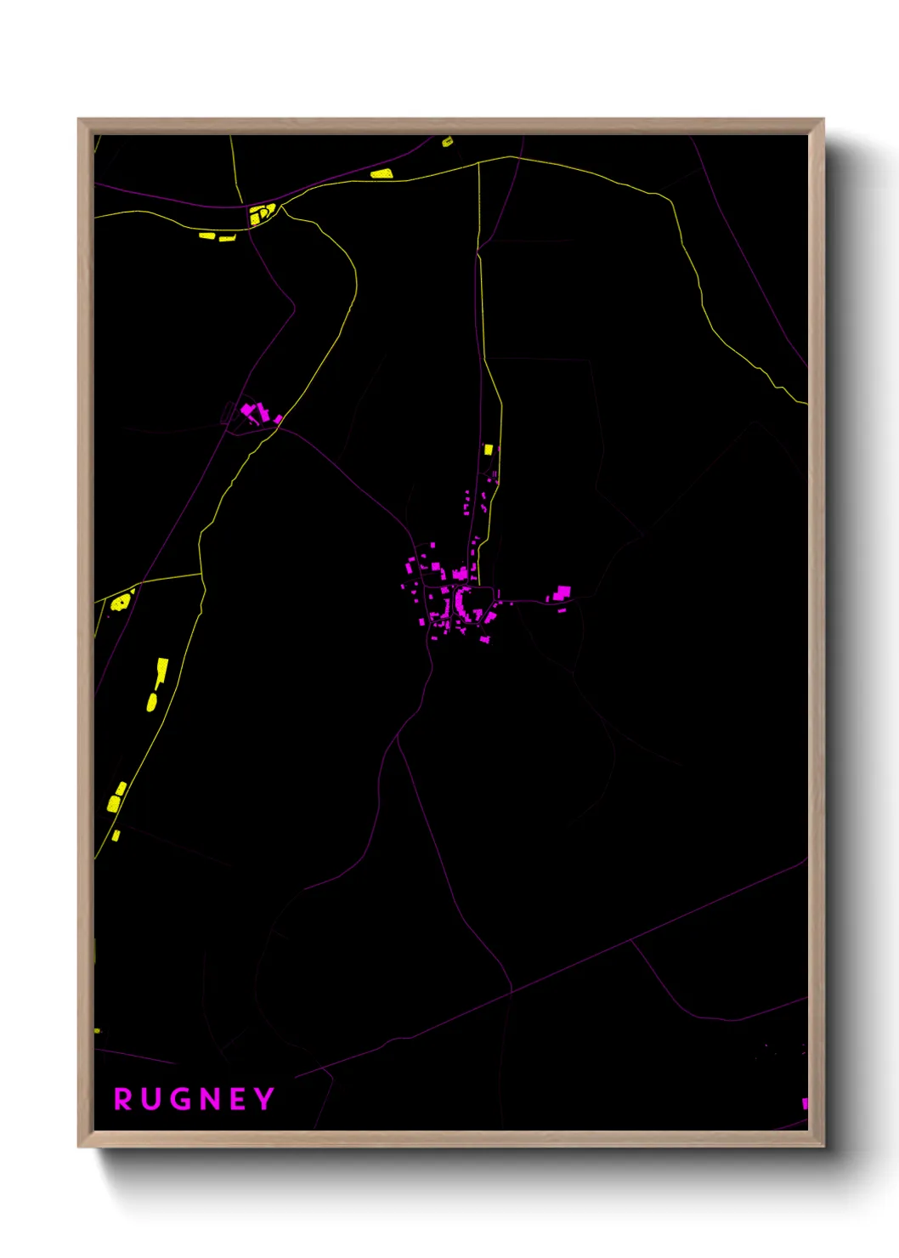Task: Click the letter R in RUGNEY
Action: click(123, 1099)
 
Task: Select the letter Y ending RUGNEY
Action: click(264, 1099)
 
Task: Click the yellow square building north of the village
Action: click(489, 449)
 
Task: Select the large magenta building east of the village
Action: click(562, 592)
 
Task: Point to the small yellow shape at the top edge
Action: click(447, 142)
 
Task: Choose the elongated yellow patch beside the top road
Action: click(382, 173)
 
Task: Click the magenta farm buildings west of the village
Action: click(253, 413)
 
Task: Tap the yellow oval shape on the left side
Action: click(152, 702)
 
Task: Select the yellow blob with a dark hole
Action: click(121, 603)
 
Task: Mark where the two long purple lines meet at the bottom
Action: click(512, 990)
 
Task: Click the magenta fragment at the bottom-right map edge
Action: click(805, 1103)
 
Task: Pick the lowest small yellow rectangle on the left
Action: click(116, 836)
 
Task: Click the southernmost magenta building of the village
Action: click(485, 639)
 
